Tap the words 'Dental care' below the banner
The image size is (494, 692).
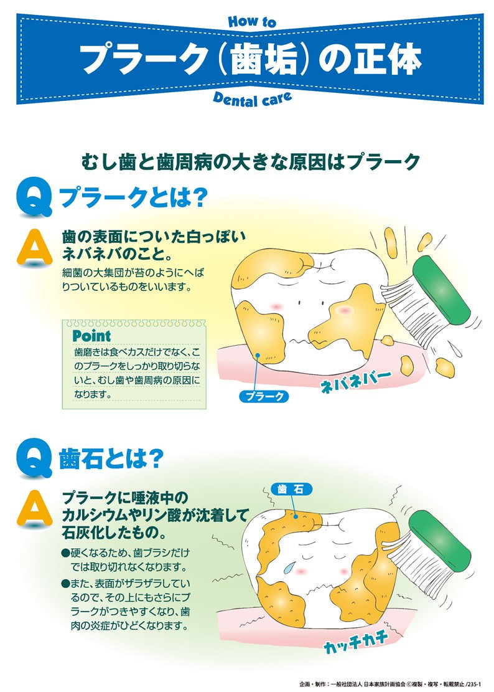point(251,98)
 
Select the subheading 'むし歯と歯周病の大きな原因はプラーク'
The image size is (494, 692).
point(251,162)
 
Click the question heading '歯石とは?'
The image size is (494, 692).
point(111,459)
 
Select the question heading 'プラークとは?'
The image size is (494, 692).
point(132,198)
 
